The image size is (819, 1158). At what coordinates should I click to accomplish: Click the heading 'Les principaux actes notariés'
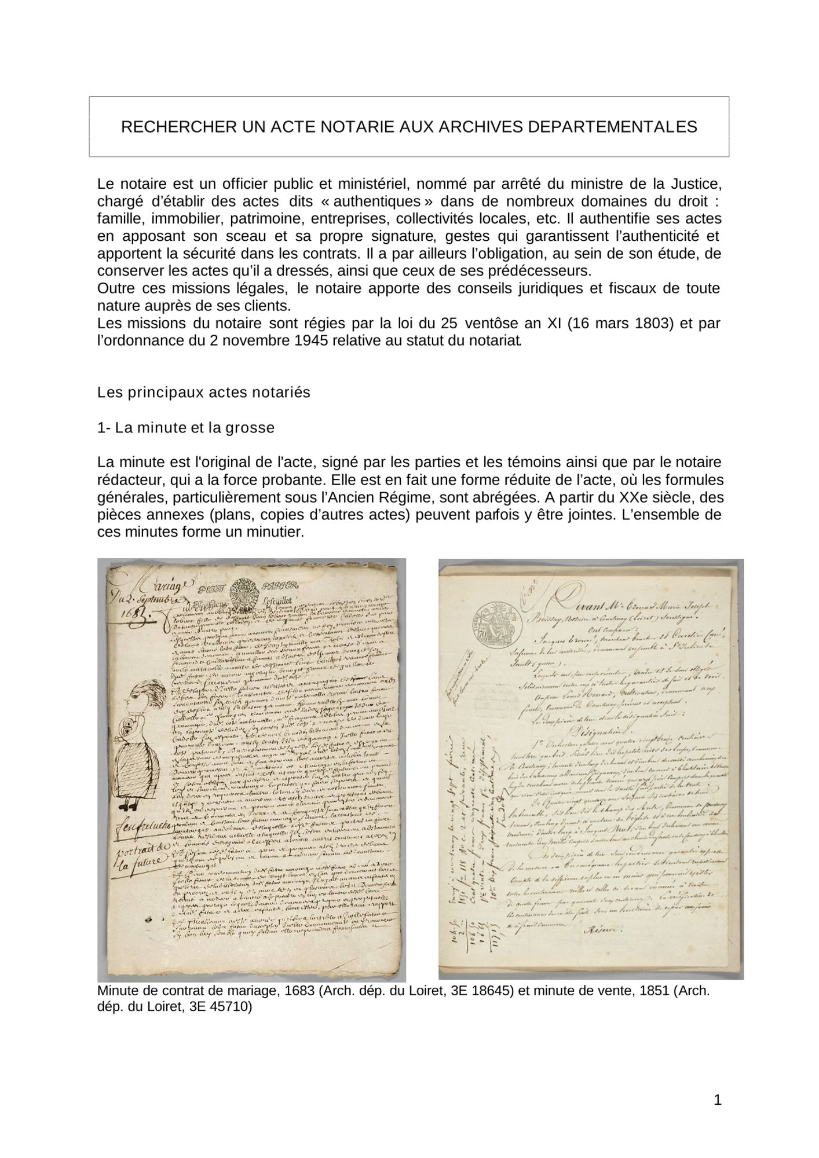pyautogui.click(x=204, y=393)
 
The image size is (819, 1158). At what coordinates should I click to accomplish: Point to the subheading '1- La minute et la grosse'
pyautogui.click(x=186, y=428)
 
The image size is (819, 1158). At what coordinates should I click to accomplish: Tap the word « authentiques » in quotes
pyautogui.click(x=376, y=202)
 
